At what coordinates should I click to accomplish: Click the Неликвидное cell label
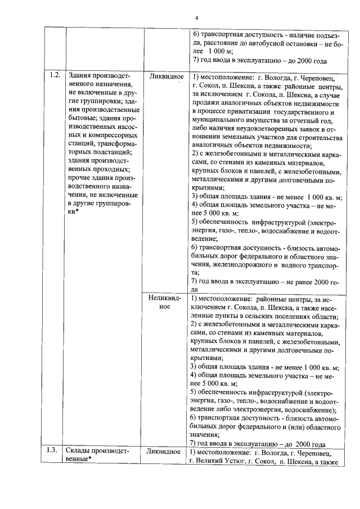click(x=164, y=303)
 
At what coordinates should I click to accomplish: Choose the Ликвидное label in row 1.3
click(x=164, y=452)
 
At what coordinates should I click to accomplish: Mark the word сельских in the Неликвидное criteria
click(x=271, y=316)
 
